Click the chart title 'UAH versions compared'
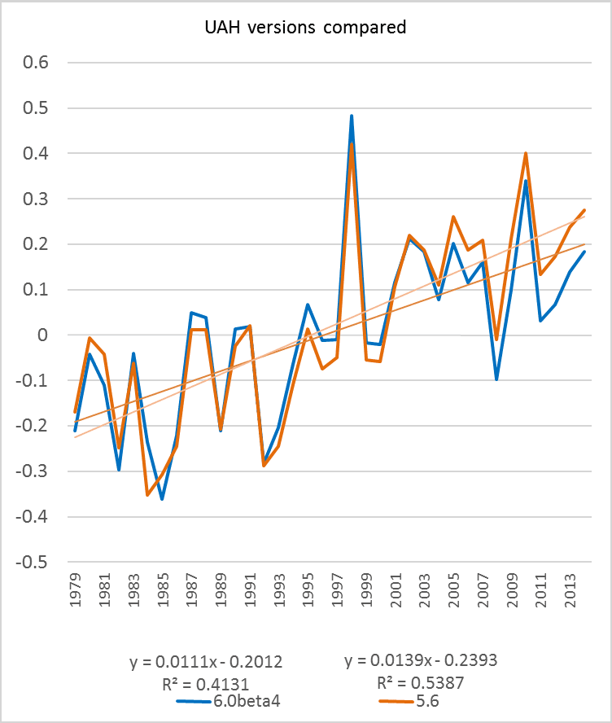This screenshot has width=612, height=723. click(305, 28)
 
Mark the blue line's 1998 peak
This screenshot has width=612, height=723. click(352, 116)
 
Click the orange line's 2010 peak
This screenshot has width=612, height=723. click(527, 153)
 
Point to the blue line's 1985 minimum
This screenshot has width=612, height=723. click(162, 499)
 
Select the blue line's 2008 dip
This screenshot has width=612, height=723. click(497, 379)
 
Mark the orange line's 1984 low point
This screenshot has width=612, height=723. click(147, 495)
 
